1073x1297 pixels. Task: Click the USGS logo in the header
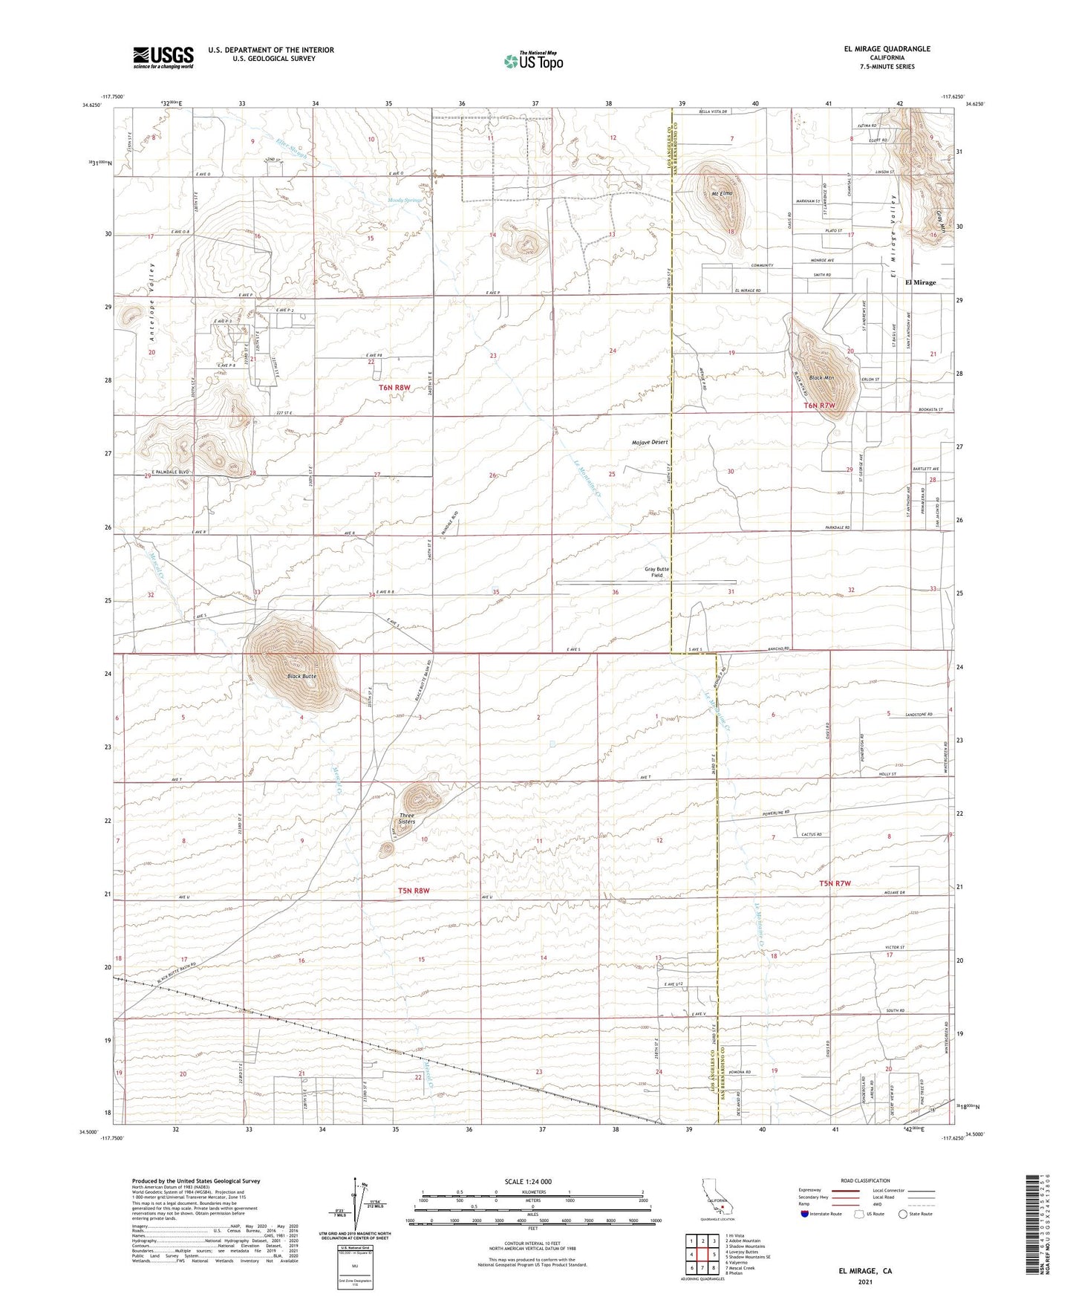(x=163, y=56)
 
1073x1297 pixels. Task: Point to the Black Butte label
(x=302, y=677)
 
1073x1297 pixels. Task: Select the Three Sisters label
(x=406, y=819)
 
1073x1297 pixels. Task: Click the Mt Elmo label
(x=722, y=194)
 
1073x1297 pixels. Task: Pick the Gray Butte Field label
(x=656, y=572)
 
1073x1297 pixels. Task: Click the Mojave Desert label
(x=650, y=442)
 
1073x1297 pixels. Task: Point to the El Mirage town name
(x=920, y=282)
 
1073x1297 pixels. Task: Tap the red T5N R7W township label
(x=835, y=883)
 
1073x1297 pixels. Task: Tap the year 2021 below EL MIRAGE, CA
(x=864, y=1281)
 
